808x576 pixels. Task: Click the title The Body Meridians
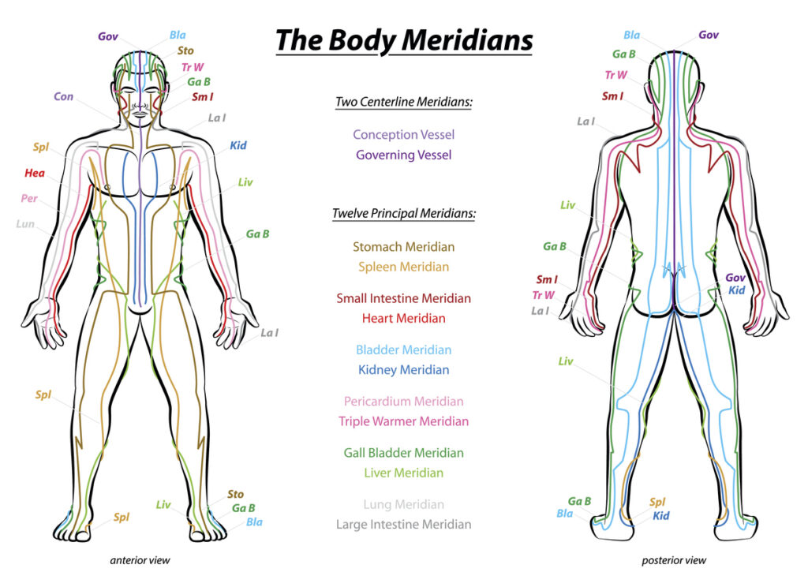tap(404, 40)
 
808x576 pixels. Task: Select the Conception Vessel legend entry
tap(403, 135)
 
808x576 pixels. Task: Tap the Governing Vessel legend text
tap(403, 155)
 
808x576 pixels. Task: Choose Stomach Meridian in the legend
tap(403, 247)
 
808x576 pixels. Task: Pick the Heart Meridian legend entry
tap(403, 319)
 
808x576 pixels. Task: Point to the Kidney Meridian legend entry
tap(403, 370)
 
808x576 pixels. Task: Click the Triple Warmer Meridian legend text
tap(403, 421)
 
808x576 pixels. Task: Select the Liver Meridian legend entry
tap(403, 473)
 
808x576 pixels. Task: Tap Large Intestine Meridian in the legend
tap(403, 525)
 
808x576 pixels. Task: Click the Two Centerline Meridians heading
tap(403, 102)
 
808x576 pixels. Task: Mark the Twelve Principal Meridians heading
tap(403, 213)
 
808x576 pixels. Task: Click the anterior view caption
tap(140, 560)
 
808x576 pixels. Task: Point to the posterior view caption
tap(674, 560)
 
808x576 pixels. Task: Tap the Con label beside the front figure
tap(63, 96)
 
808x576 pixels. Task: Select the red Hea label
tap(35, 173)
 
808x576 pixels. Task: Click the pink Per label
tap(29, 198)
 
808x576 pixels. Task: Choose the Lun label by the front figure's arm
tap(25, 223)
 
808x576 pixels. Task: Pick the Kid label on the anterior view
tap(238, 145)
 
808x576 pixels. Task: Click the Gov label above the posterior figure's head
tap(709, 35)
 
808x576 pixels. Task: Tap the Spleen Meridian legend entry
tap(403, 267)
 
